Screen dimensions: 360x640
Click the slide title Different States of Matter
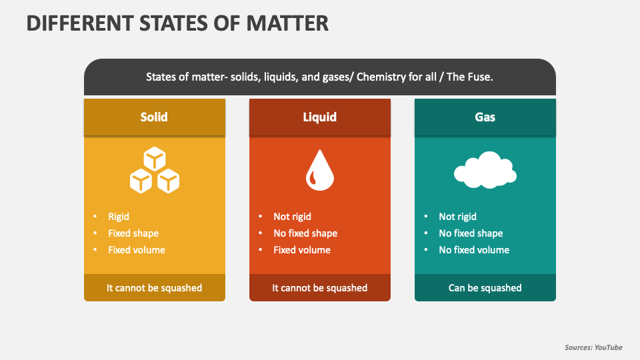click(x=177, y=23)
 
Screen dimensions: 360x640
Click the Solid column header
click(x=154, y=117)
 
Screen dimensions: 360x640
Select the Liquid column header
click(x=320, y=117)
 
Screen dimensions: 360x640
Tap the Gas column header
click(x=485, y=117)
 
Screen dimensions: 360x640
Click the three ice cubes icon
click(x=155, y=171)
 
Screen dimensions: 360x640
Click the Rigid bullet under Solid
click(x=119, y=217)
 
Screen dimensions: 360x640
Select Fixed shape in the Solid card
click(x=133, y=233)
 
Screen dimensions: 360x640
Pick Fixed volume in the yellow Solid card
click(x=137, y=250)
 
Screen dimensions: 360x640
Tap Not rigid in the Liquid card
click(x=292, y=217)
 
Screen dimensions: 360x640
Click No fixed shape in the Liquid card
click(x=305, y=233)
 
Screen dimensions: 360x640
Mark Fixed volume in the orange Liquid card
click(x=302, y=250)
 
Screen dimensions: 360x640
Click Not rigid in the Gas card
click(x=457, y=217)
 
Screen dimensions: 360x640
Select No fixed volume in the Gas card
click(x=474, y=250)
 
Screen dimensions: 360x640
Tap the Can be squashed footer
click(x=485, y=288)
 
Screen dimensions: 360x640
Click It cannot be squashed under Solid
click(x=154, y=288)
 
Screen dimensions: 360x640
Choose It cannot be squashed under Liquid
click(x=320, y=288)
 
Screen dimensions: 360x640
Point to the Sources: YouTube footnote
click(x=593, y=347)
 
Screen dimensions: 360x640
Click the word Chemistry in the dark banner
click(x=381, y=77)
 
